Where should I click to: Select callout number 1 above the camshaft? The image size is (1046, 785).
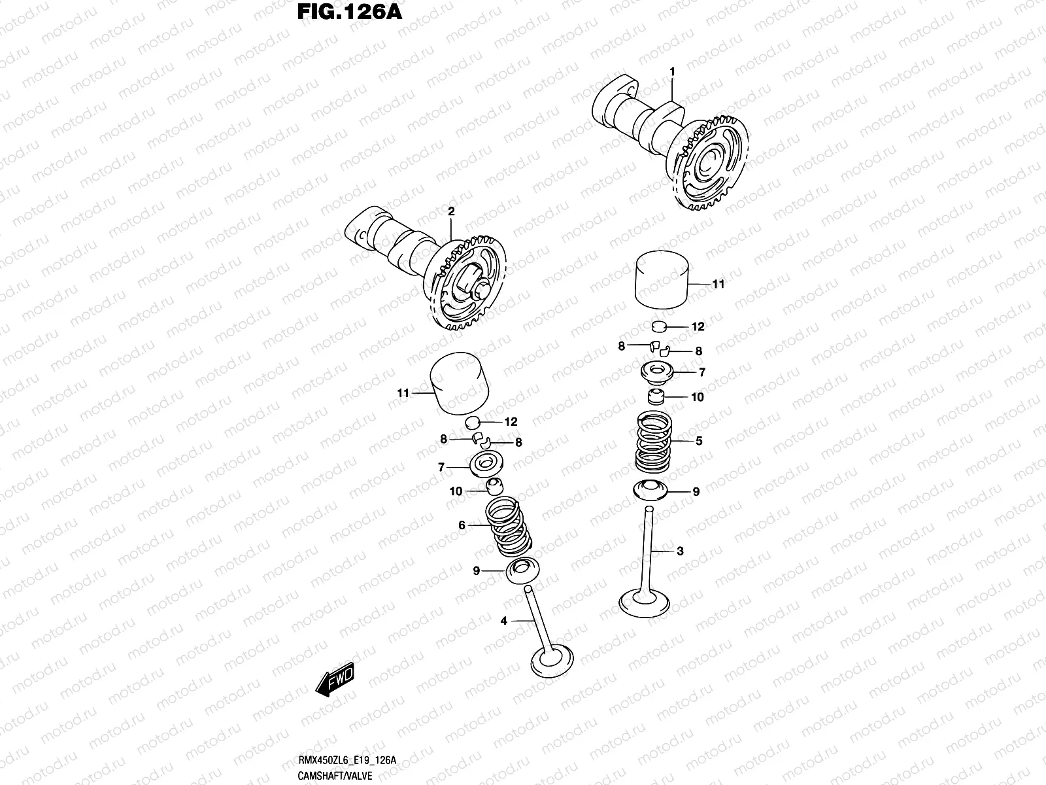tap(671, 71)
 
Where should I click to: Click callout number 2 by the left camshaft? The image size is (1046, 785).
tap(450, 211)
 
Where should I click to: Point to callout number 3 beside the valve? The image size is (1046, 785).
tap(680, 551)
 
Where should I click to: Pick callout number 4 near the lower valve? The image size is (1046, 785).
tap(503, 621)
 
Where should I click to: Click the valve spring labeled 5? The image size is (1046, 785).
tap(654, 442)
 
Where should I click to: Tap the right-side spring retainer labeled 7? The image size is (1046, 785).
tap(661, 372)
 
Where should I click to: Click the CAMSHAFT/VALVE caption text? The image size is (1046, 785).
tap(335, 776)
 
